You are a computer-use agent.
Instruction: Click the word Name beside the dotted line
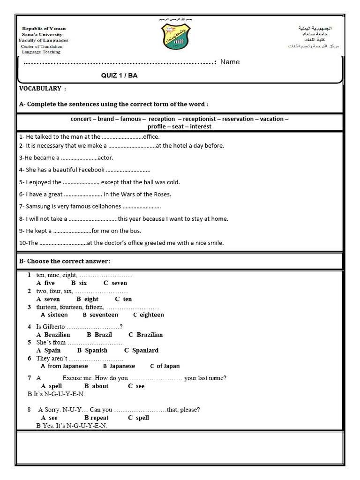[x=230, y=62]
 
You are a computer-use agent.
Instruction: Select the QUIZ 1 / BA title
[x=120, y=75]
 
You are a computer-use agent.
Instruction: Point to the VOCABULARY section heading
[x=40, y=89]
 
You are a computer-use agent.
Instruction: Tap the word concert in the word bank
[x=81, y=119]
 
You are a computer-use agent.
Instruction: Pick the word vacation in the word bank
[x=272, y=119]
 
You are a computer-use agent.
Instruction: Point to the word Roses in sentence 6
[x=162, y=194]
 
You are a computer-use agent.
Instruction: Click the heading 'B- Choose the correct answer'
[x=65, y=261]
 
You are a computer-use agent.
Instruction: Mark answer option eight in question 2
[x=91, y=299]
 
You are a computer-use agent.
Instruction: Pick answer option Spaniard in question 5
[x=145, y=350]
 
